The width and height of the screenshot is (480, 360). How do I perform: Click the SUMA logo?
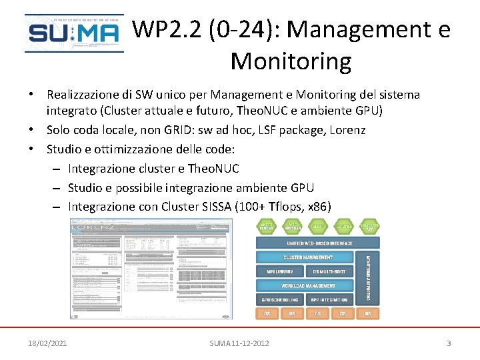(x=73, y=33)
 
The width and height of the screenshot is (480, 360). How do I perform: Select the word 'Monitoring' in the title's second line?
(x=291, y=61)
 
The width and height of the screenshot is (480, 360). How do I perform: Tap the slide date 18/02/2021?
(x=47, y=343)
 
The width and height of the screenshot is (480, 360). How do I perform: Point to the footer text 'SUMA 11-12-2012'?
(x=239, y=343)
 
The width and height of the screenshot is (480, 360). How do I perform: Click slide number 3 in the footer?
(x=449, y=343)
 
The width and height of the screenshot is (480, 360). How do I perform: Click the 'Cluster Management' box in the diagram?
(x=308, y=257)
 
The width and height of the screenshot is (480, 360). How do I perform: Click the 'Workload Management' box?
(x=308, y=286)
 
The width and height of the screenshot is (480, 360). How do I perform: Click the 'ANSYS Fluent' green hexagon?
(x=267, y=227)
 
